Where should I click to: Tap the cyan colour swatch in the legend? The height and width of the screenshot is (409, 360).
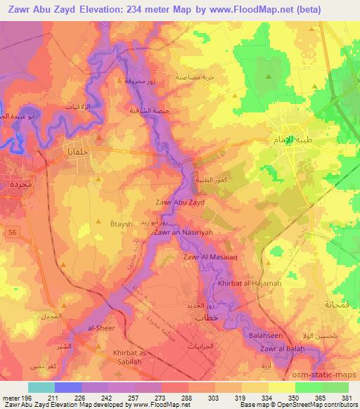pos(41,387)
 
